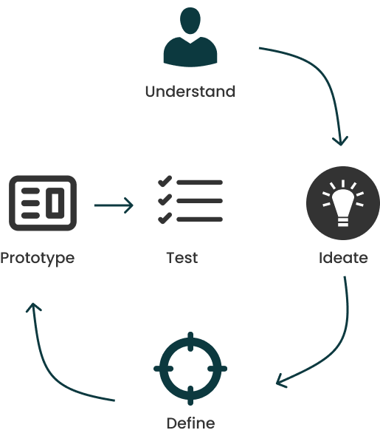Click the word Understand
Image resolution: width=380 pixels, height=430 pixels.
(190, 92)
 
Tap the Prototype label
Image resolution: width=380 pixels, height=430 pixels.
(38, 259)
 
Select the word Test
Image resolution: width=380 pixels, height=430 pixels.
(182, 258)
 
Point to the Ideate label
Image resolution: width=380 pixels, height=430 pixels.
(343, 258)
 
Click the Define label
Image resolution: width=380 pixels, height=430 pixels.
(190, 423)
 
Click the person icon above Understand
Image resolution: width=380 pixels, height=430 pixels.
(190, 37)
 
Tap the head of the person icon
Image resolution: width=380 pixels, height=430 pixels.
(190, 21)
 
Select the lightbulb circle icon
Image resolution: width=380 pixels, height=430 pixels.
(343, 203)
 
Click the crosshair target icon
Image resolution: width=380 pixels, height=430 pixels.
(190, 369)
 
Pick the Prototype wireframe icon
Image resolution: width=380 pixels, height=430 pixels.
(43, 203)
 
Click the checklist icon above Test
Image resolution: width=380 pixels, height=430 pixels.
(190, 199)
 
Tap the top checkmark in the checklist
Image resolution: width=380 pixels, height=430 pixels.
(165, 181)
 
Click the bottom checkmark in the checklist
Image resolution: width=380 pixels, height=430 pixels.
(165, 218)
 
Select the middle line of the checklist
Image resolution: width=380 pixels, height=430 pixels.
(199, 201)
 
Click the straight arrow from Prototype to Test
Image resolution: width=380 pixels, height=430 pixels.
(114, 205)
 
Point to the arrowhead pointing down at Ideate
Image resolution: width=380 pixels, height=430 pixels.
(341, 141)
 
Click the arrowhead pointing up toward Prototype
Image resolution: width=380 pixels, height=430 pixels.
(33, 307)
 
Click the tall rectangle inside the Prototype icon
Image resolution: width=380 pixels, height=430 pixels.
(55, 203)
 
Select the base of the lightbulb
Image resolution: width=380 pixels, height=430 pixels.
(343, 222)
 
